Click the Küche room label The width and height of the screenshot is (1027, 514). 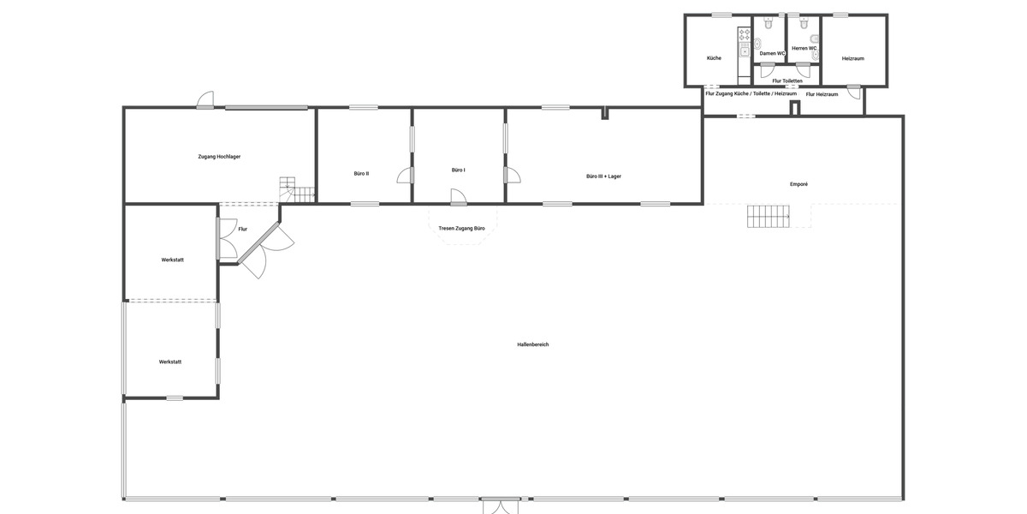pyautogui.click(x=714, y=58)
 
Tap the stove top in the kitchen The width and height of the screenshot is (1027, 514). pyautogui.click(x=745, y=35)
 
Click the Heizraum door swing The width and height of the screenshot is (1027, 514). pyautogui.click(x=853, y=92)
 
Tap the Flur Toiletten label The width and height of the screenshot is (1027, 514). pyautogui.click(x=787, y=81)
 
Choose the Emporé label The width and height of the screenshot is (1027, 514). pyautogui.click(x=799, y=184)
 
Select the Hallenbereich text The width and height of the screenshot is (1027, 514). pyautogui.click(x=533, y=344)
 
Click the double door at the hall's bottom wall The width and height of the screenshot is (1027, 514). pyautogui.click(x=501, y=505)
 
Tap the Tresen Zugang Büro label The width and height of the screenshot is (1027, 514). pyautogui.click(x=461, y=229)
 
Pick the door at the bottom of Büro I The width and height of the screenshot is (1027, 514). pyautogui.click(x=459, y=197)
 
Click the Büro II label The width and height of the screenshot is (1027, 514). pyautogui.click(x=361, y=174)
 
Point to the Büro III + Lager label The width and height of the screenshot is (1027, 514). pyautogui.click(x=603, y=176)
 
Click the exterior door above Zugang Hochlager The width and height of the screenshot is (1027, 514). pyautogui.click(x=205, y=101)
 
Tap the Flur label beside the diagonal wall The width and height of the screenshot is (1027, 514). pyautogui.click(x=243, y=230)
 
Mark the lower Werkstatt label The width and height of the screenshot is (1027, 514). pyautogui.click(x=170, y=362)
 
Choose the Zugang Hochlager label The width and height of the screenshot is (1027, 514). pyautogui.click(x=219, y=157)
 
